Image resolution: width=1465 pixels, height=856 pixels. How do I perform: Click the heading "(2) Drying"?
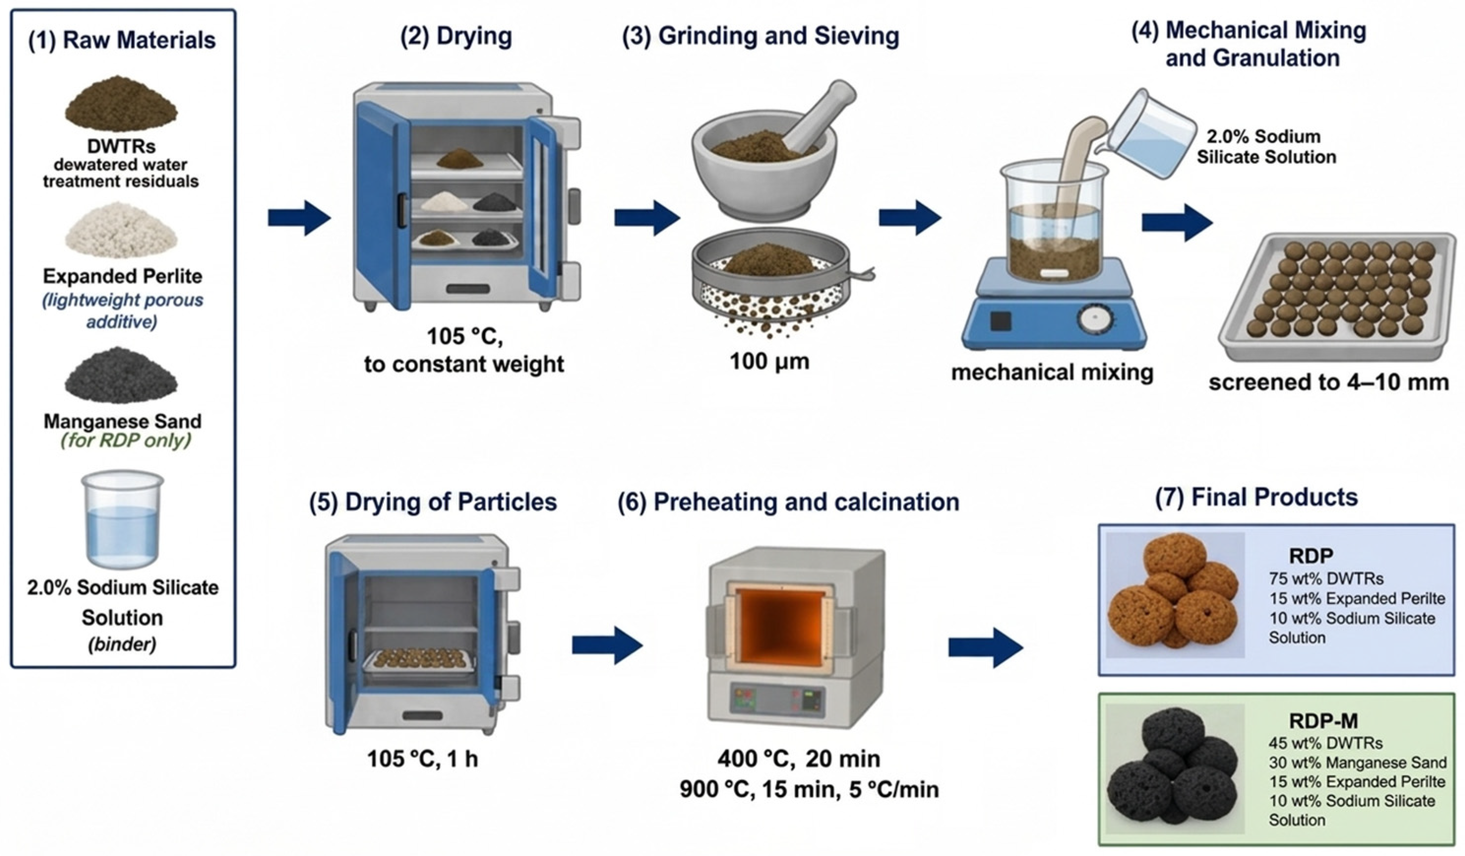tap(457, 36)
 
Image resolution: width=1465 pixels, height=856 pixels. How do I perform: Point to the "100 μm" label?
tap(769, 361)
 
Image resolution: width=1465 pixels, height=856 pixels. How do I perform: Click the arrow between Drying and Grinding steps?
tap(647, 218)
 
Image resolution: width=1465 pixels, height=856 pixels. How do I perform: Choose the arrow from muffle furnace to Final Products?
tap(985, 647)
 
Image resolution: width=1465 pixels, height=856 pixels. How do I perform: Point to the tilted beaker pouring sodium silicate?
tap(1143, 134)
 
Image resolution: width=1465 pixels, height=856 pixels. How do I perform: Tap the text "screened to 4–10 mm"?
tap(1328, 383)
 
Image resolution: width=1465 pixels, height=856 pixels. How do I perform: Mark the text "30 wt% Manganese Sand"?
tap(1357, 763)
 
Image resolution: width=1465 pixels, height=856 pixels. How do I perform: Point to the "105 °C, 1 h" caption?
tap(423, 759)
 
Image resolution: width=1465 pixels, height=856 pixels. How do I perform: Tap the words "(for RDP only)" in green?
tap(125, 441)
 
